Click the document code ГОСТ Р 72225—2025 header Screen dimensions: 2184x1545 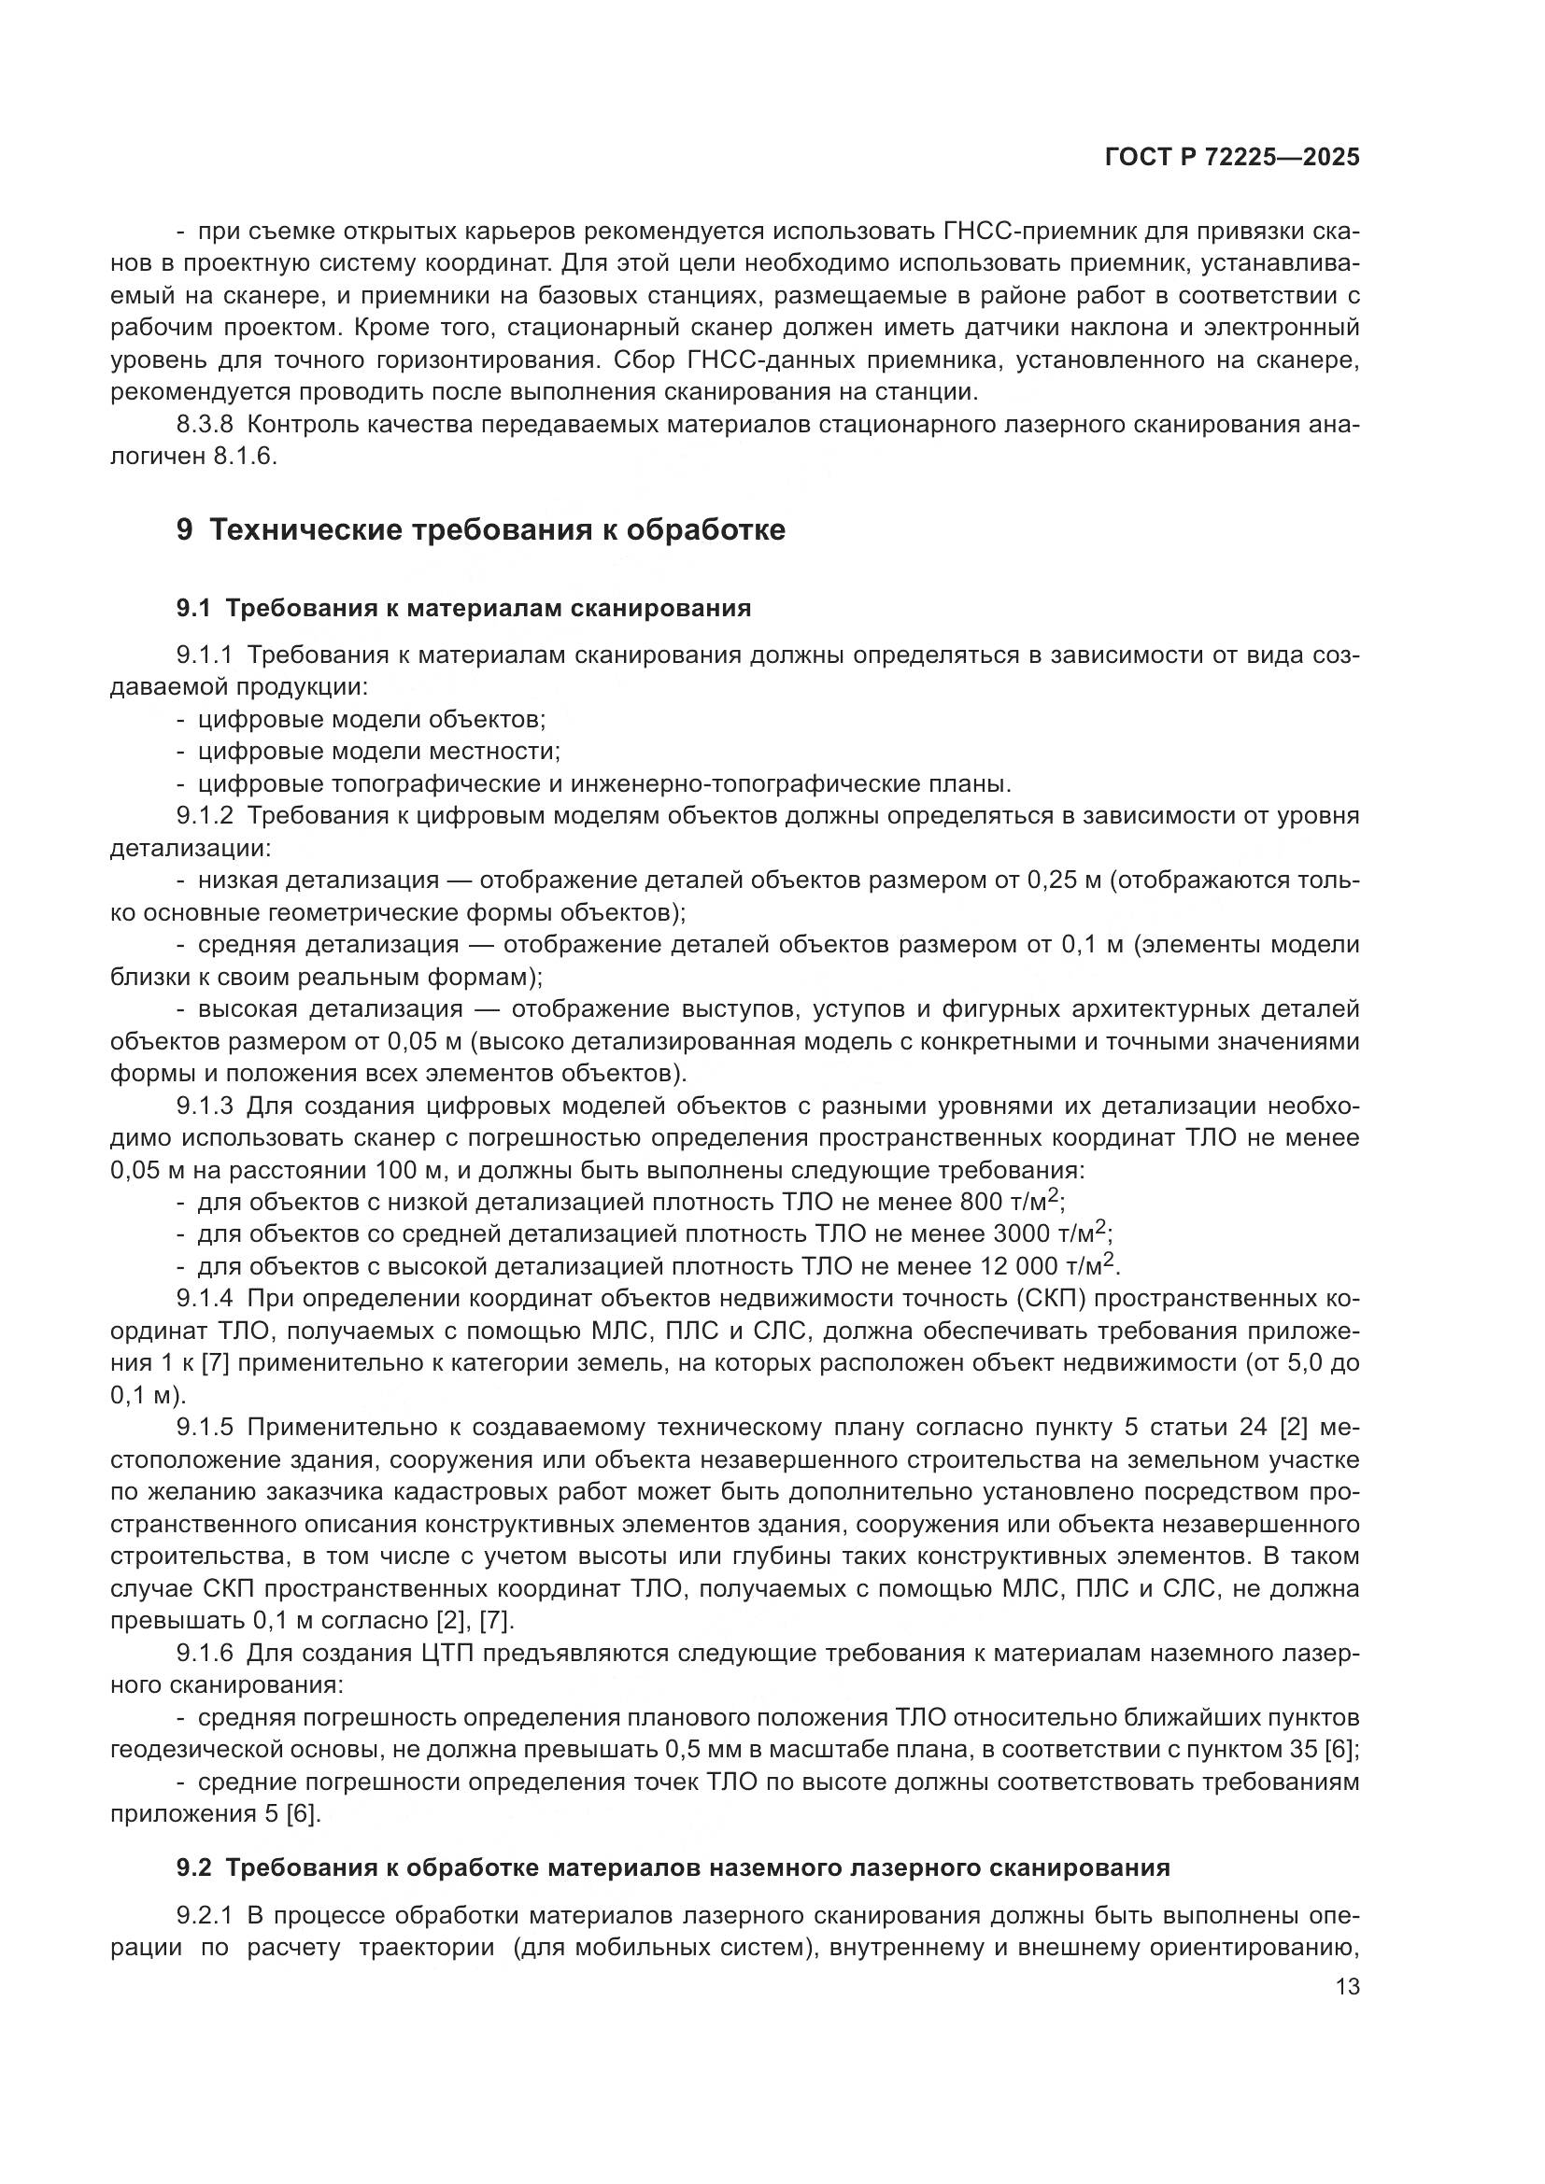1232,158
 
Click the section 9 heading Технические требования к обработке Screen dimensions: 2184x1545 480,529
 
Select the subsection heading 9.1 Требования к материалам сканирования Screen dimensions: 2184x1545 463,608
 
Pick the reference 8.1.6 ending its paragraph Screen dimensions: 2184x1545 245,456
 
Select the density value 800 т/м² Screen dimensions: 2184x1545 1012,1202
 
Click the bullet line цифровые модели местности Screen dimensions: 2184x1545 378,752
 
